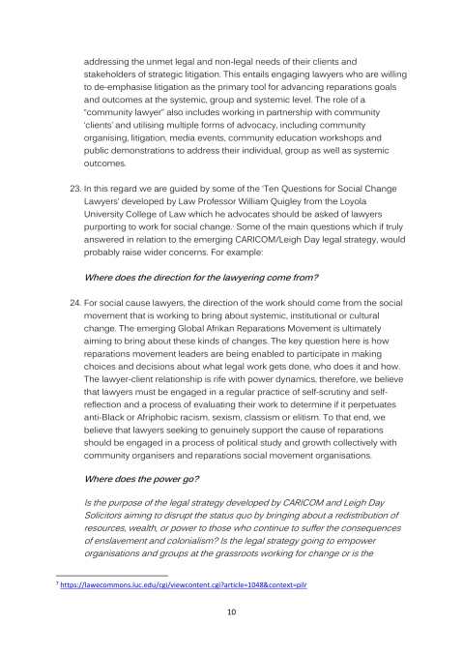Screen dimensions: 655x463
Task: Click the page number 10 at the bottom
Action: tap(231, 612)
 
